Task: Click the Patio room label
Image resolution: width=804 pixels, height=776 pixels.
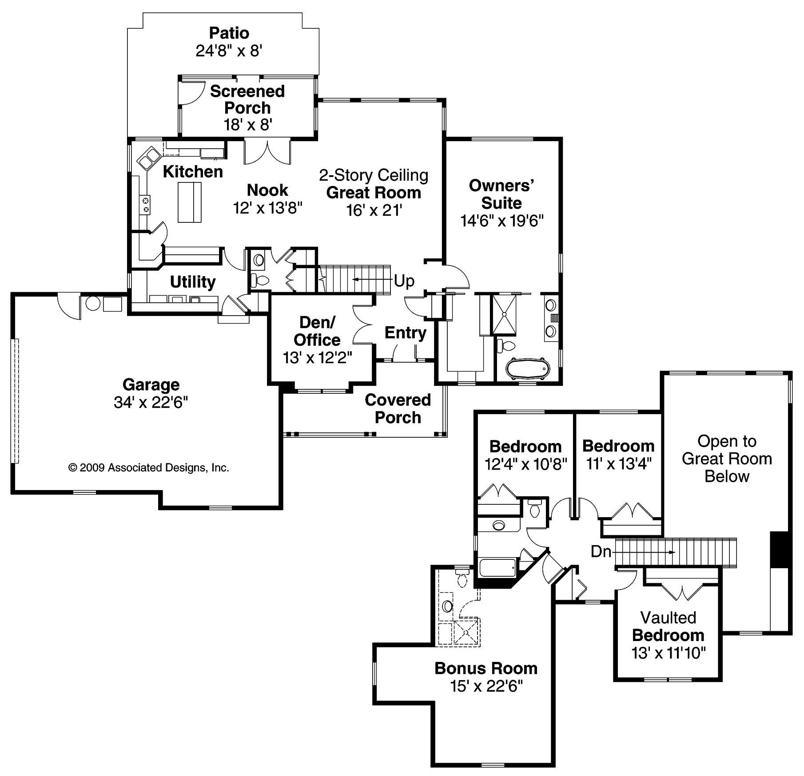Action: click(229, 33)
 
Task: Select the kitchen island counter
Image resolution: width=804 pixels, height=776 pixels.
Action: click(189, 202)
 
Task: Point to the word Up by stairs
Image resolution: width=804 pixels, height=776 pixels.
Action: click(404, 281)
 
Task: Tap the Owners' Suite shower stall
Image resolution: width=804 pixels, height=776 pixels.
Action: click(504, 314)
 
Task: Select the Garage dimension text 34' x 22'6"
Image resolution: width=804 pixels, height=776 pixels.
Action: click(151, 402)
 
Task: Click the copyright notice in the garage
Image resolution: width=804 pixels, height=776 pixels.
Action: click(149, 467)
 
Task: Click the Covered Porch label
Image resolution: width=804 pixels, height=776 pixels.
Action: click(398, 408)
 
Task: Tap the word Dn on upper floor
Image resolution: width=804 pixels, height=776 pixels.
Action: click(601, 552)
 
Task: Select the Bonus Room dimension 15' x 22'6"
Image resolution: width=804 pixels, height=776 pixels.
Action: click(486, 686)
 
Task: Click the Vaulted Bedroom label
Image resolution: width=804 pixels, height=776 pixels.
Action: click(668, 626)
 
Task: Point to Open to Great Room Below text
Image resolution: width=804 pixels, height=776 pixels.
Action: click(727, 459)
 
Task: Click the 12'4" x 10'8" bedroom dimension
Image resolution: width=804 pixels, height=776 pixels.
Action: click(526, 464)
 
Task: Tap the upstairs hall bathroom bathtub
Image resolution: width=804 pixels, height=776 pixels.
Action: click(498, 568)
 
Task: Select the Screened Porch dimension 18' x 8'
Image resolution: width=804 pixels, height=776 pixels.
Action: click(247, 125)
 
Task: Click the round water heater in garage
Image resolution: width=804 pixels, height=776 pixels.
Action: click(93, 304)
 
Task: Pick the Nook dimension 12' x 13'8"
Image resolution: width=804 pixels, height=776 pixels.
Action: click(267, 208)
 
